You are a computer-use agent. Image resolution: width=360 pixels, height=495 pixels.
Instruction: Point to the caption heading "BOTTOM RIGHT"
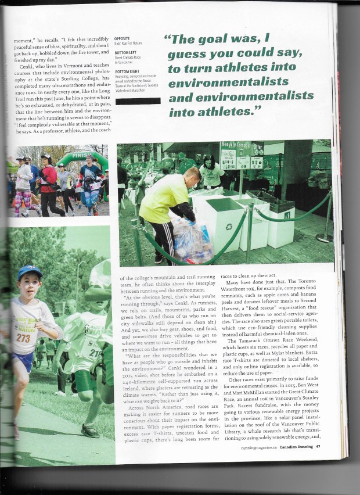(128, 71)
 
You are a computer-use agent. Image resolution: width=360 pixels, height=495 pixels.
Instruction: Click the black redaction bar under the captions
(138, 101)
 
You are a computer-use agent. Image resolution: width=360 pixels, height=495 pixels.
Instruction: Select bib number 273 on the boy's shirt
(23, 338)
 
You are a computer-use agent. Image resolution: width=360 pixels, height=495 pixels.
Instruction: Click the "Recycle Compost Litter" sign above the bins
(241, 148)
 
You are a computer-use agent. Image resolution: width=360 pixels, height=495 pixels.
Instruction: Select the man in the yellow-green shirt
(166, 206)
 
